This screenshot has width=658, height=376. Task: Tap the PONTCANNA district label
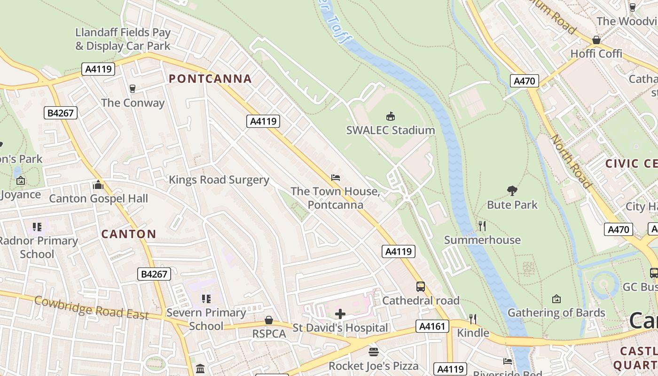pos(210,78)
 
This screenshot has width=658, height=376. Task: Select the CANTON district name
pos(129,234)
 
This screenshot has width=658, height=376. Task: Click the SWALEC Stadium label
pos(391,130)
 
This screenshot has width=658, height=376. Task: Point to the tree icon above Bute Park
pos(512,191)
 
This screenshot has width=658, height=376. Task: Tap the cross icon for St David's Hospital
pos(340,314)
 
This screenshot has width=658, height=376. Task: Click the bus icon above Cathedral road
pos(421,287)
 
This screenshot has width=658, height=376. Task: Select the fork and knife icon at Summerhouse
pos(482,226)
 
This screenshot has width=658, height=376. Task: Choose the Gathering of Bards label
pos(556,313)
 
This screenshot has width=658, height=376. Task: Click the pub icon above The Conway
pos(133,89)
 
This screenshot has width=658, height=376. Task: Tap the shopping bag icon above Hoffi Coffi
pos(596,40)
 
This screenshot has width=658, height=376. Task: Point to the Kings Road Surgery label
pos(219,180)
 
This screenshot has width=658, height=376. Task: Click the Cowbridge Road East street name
pos(92,307)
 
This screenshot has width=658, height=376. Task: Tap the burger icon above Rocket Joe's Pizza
pos(374,352)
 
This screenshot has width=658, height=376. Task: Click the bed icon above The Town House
pos(336,178)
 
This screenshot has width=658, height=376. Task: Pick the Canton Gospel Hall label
pos(98,198)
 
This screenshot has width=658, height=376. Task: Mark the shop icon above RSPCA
pos(269,320)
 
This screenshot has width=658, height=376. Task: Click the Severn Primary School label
pos(206,319)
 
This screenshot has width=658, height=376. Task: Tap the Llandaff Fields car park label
pos(123,39)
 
